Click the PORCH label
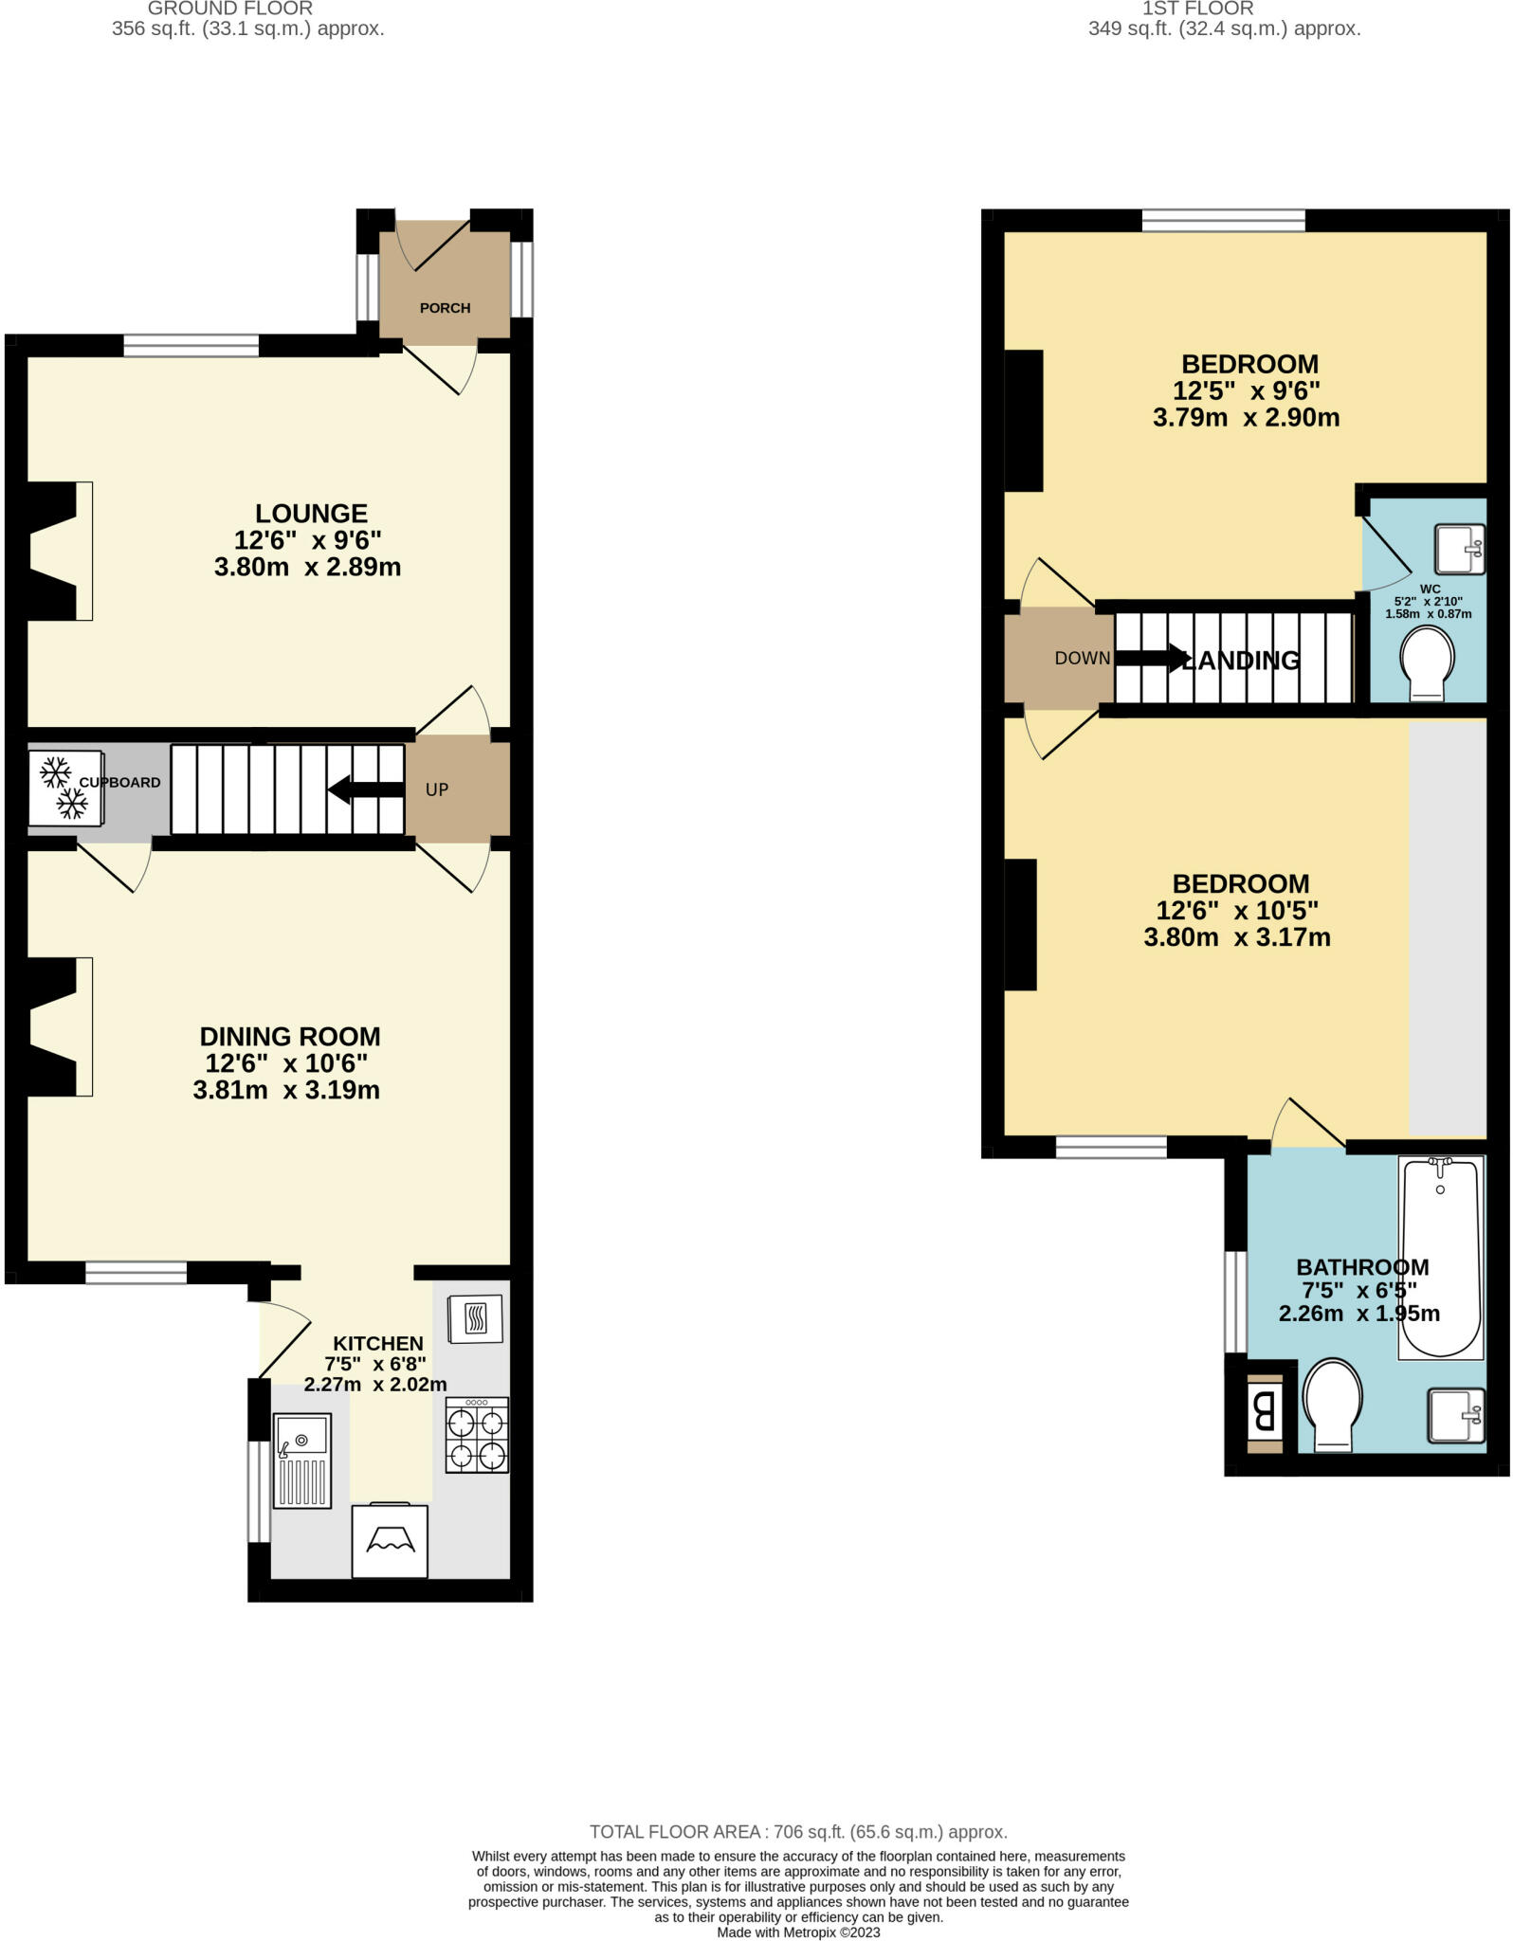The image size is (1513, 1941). tap(445, 308)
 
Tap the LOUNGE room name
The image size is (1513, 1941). tap(311, 514)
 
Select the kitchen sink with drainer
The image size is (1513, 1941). tap(302, 1460)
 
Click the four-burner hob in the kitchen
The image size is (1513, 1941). tap(477, 1435)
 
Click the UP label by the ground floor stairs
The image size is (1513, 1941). tap(436, 789)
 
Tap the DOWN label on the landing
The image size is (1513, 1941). tap(1082, 658)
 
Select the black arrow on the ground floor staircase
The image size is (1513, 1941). tap(365, 789)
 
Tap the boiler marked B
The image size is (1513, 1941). tap(1264, 1413)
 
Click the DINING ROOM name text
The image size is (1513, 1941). tap(290, 1036)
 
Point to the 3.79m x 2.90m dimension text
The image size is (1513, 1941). tap(1246, 418)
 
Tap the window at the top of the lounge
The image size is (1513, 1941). tap(191, 346)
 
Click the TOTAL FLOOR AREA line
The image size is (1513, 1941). tap(798, 1832)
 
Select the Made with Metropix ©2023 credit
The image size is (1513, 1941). tap(798, 1932)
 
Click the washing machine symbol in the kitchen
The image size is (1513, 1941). tap(390, 1541)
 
